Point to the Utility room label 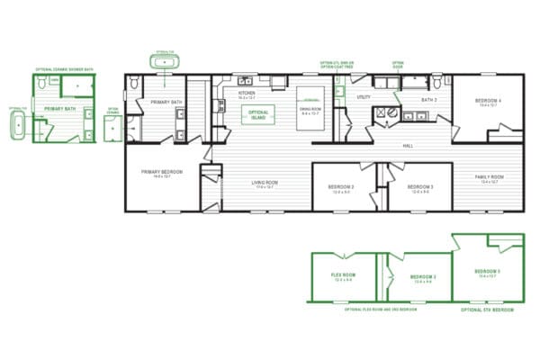[364, 96]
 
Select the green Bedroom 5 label [487, 271]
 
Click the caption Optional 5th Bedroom [487, 309]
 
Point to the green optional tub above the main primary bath [164, 61]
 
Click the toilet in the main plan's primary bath [135, 84]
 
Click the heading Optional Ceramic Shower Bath [64, 69]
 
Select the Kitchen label [246, 93]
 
